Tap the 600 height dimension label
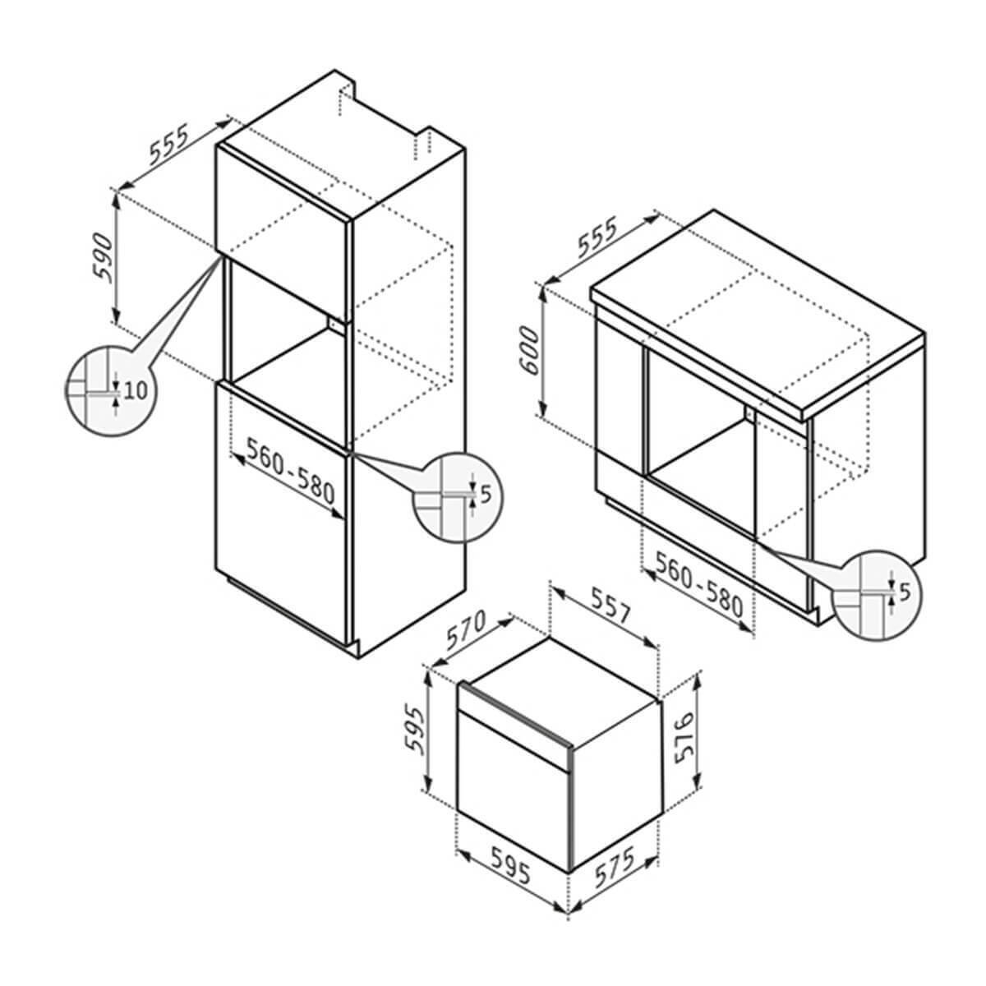point(529,351)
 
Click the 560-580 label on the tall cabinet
point(291,471)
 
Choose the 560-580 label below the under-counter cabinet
point(699,584)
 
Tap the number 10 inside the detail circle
point(135,391)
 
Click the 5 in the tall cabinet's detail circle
point(486,495)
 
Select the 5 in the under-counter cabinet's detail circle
point(905,592)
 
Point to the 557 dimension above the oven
point(610,606)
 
